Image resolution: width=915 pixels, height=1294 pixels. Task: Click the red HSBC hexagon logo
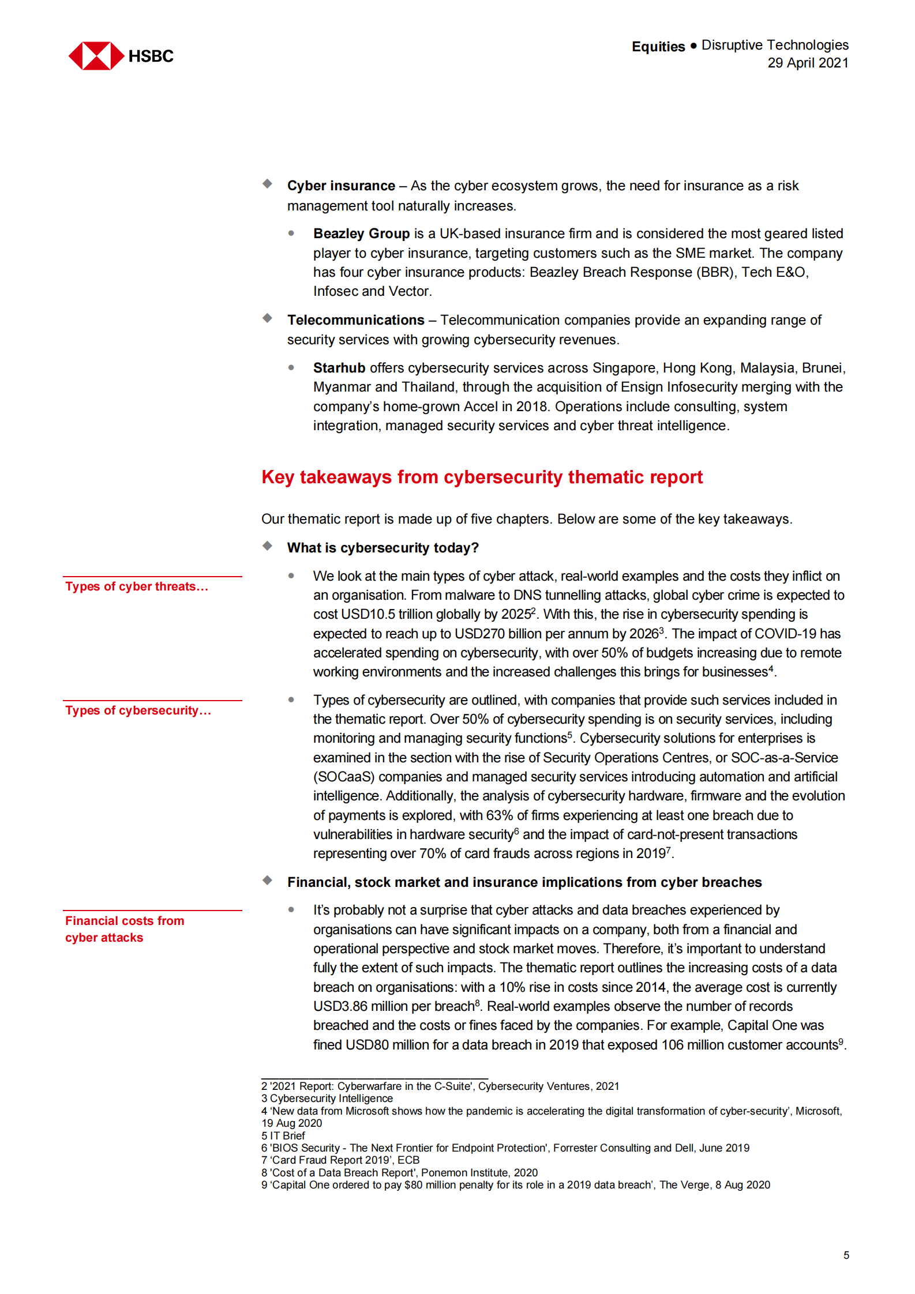coord(96,56)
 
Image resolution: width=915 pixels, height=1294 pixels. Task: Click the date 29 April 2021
coord(807,63)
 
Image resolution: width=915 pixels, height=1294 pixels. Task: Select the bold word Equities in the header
coord(658,47)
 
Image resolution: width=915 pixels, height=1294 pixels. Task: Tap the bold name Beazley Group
coord(361,234)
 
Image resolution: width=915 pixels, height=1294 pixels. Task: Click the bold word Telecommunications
coord(355,320)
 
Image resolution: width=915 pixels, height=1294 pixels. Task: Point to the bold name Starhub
coord(339,368)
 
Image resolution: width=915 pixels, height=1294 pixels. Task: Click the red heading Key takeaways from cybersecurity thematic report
coord(481,477)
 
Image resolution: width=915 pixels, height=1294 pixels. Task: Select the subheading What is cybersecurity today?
coord(382,548)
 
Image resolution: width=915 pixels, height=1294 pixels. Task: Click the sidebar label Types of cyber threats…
coord(136,586)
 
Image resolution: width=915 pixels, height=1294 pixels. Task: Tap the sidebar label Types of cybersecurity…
coord(138,710)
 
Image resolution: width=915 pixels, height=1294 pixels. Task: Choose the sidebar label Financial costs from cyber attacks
coord(124,929)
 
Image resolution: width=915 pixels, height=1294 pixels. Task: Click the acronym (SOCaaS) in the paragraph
coord(344,777)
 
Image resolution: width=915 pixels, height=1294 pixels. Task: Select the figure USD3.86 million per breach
coord(393,1006)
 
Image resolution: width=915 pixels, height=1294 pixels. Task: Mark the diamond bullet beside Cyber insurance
coord(267,184)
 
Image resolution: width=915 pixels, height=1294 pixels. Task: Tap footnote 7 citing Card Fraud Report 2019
coord(340,1160)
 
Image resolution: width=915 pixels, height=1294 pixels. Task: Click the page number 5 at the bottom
coord(846,1255)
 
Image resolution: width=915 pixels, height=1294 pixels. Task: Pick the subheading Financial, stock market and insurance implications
coord(524,882)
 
